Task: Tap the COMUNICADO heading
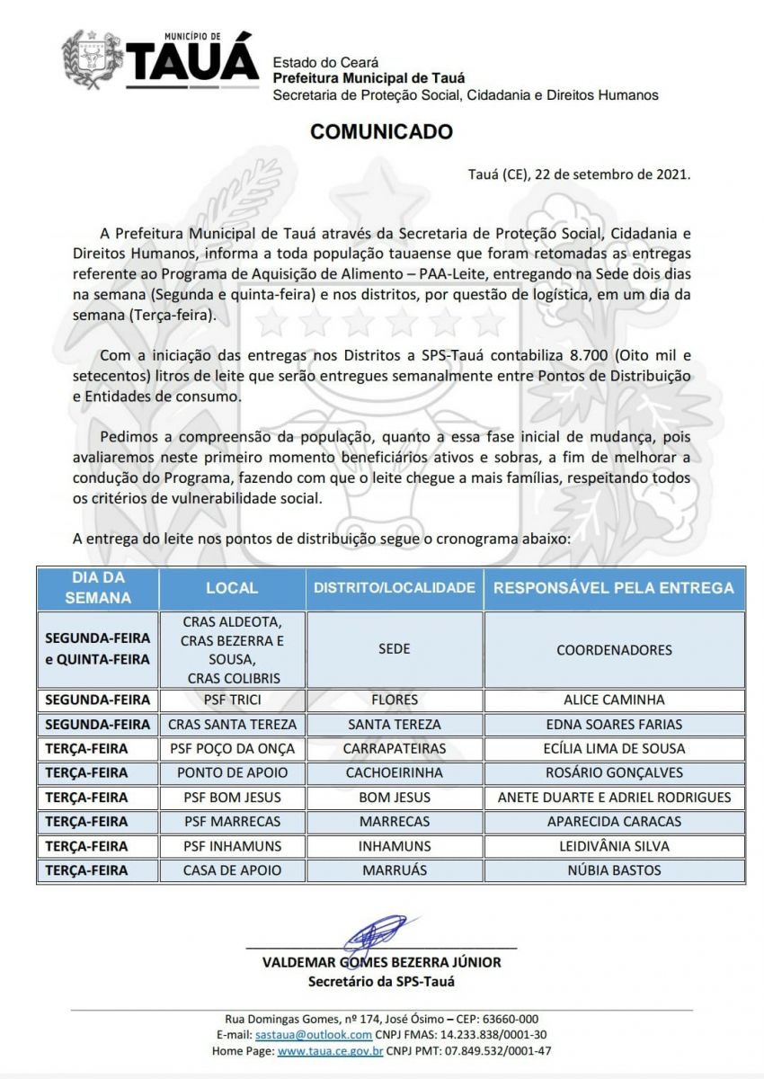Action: [381, 132]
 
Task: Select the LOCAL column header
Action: [232, 588]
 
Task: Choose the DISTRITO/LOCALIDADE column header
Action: [394, 588]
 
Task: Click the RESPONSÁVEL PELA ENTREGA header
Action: [614, 588]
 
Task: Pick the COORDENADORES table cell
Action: [614, 649]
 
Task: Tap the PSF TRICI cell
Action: [232, 700]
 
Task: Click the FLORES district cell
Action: [395, 700]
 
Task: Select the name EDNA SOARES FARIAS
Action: [614, 724]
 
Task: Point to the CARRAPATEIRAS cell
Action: [395, 748]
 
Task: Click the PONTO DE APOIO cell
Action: [232, 772]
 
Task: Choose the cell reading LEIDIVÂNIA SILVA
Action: [614, 845]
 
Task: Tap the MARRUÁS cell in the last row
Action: [395, 869]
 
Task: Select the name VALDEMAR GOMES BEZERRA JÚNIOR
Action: [381, 962]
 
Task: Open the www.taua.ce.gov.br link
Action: [331, 1050]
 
